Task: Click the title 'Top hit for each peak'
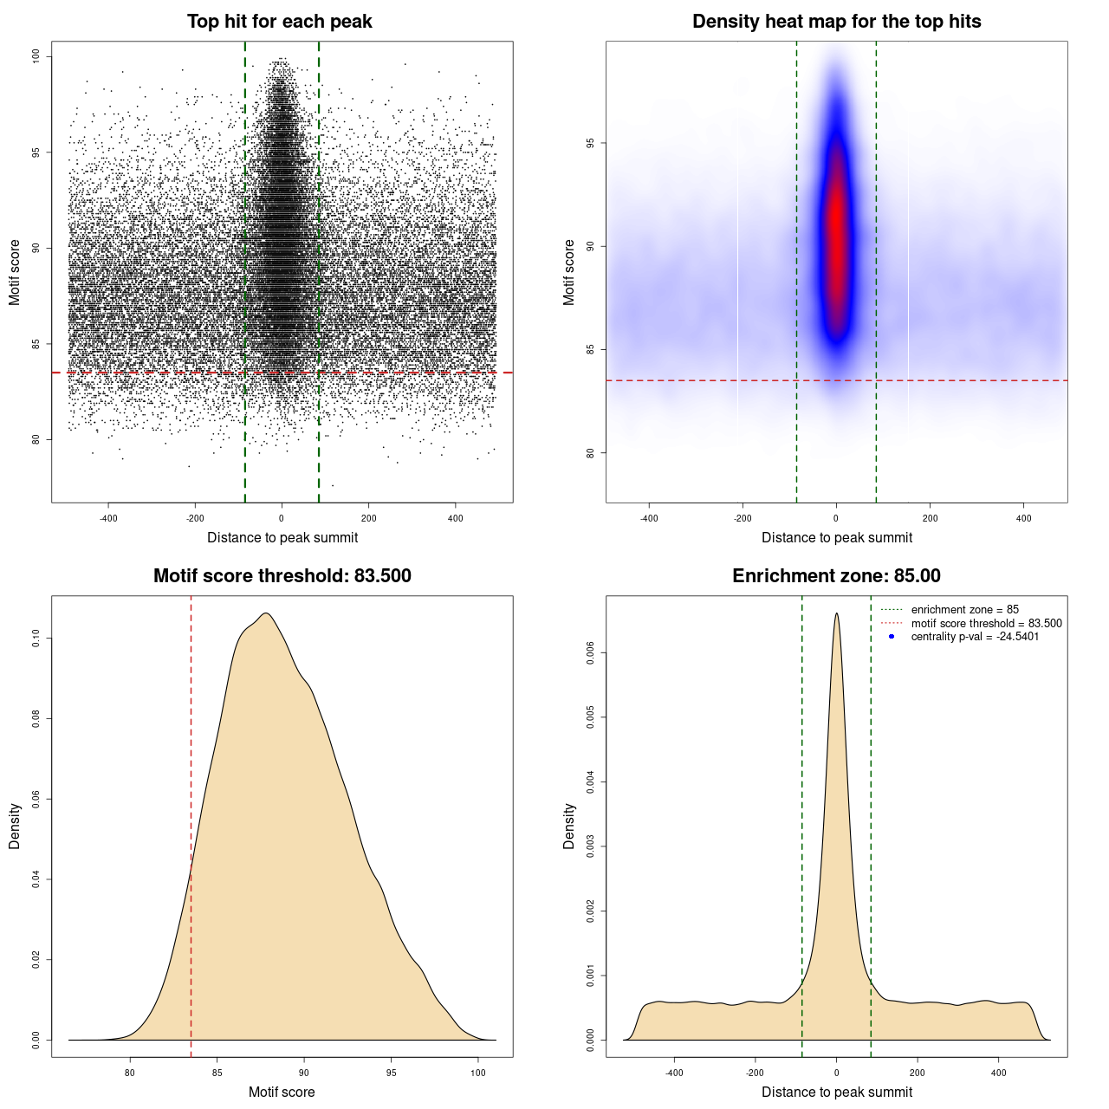pyautogui.click(x=279, y=22)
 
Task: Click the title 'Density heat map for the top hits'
pyautogui.click(x=836, y=22)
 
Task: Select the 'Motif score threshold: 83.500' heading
pyautogui.click(x=282, y=576)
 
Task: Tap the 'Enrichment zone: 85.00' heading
pyautogui.click(x=836, y=576)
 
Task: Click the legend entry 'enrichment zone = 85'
pyautogui.click(x=964, y=610)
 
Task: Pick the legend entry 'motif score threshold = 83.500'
pyautogui.click(x=986, y=623)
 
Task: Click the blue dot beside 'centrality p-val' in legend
pyautogui.click(x=892, y=637)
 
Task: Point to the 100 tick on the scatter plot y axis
pyautogui.click(x=36, y=56)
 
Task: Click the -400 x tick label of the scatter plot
pyautogui.click(x=108, y=518)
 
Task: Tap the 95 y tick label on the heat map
pyautogui.click(x=591, y=143)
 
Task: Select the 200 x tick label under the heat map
pyautogui.click(x=930, y=518)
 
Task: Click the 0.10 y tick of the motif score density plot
pyautogui.click(x=36, y=639)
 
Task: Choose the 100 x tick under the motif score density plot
pyautogui.click(x=478, y=1073)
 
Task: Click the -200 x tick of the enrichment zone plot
pyautogui.click(x=755, y=1073)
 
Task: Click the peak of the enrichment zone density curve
pyautogui.click(x=836, y=613)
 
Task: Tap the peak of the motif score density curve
pyautogui.click(x=266, y=613)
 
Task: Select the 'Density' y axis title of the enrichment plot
pyautogui.click(x=569, y=826)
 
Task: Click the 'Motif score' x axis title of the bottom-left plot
pyautogui.click(x=282, y=1092)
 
